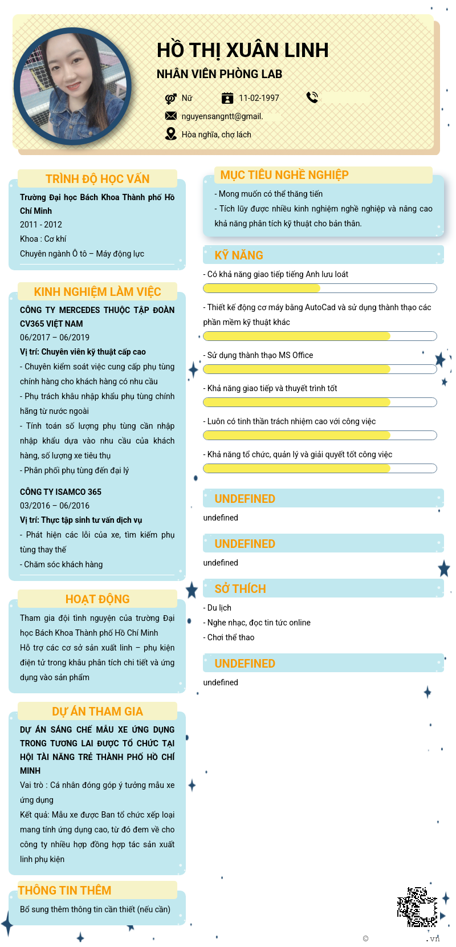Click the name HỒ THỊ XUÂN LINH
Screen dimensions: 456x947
(242, 51)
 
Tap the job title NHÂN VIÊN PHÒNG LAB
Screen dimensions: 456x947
(219, 74)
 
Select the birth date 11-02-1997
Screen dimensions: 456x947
(259, 98)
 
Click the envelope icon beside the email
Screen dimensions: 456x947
(170, 116)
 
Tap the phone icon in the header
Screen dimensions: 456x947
(312, 97)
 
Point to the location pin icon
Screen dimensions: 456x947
(170, 134)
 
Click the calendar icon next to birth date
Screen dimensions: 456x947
(227, 98)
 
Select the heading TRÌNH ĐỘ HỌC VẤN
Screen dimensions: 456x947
(97, 179)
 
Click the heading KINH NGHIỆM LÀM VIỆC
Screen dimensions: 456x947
(97, 292)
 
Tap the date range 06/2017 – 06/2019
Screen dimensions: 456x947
(55, 338)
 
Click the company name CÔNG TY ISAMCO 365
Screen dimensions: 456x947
(60, 492)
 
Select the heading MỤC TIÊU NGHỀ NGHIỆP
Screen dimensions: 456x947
(284, 175)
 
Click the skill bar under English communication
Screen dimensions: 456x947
(320, 288)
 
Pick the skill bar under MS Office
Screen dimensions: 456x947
(320, 369)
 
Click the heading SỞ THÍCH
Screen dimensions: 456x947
(240, 589)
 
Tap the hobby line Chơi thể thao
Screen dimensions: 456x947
(229, 637)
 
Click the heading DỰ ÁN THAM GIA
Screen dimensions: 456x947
(97, 712)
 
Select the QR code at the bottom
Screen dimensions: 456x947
(417, 906)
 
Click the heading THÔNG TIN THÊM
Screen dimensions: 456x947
(64, 891)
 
